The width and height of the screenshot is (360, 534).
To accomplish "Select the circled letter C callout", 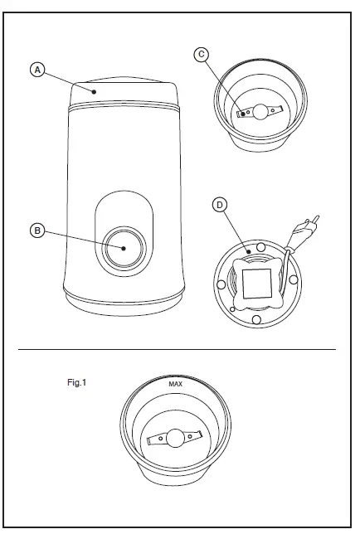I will pyautogui.click(x=200, y=55).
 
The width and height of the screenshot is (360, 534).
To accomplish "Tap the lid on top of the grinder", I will pyautogui.click(x=123, y=94).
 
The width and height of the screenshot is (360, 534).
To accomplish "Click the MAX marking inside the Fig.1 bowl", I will pyautogui.click(x=175, y=385).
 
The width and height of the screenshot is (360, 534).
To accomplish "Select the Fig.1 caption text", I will pyautogui.click(x=77, y=383).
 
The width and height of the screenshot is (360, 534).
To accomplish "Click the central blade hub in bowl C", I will pyautogui.click(x=258, y=112).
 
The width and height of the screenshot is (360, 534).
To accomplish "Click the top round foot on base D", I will pyautogui.click(x=262, y=247).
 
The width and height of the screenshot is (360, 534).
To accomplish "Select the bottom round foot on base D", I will pyautogui.click(x=258, y=319).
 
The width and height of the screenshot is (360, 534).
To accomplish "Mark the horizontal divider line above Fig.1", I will pyautogui.click(x=177, y=349).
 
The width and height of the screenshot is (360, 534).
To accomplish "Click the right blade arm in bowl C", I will pyautogui.click(x=275, y=110).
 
